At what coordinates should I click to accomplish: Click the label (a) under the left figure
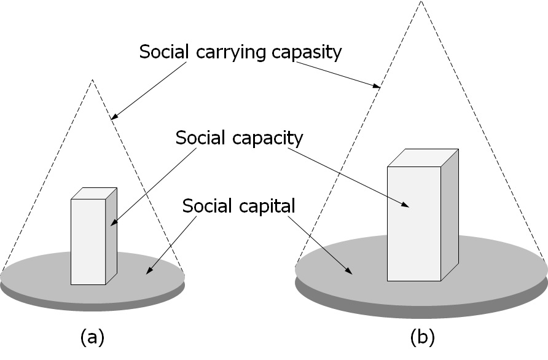(92, 337)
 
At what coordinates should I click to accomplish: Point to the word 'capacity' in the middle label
(268, 138)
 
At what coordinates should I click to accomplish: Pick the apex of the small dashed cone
(92, 80)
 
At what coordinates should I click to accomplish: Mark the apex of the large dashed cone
(421, 2)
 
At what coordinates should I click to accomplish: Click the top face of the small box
(93, 193)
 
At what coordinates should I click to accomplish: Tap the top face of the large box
(423, 157)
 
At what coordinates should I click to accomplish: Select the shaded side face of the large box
(450, 215)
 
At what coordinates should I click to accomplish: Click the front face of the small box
(88, 241)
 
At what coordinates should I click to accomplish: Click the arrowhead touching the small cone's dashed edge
(115, 115)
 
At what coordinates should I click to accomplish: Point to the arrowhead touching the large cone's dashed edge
(377, 87)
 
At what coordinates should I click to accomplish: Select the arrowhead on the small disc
(149, 270)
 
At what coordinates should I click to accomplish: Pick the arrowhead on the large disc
(348, 272)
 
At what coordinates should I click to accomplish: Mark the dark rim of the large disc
(421, 312)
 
